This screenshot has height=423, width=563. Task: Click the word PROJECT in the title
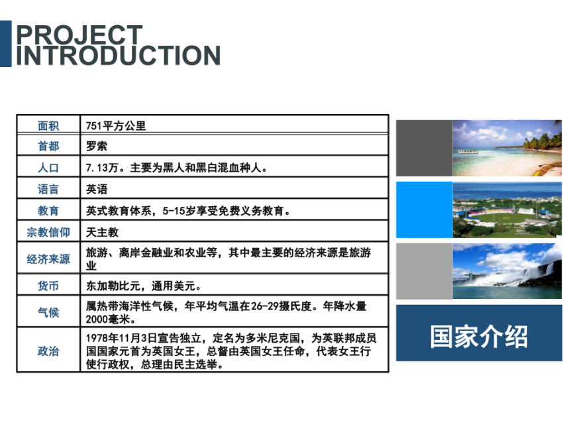pos(79,34)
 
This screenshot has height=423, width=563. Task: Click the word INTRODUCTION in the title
pos(118,55)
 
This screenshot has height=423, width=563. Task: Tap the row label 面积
pos(48,126)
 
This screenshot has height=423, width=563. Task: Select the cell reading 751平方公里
pos(116,126)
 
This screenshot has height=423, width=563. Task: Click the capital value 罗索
pos(97,146)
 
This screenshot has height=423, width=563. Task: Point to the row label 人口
pos(48,168)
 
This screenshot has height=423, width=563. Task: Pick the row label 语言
pos(48,189)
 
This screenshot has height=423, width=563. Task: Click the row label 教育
pos(48,211)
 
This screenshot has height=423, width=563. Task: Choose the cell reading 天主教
pos(102,232)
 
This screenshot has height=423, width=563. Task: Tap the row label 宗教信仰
pos(48,232)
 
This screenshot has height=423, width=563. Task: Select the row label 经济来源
pos(48,259)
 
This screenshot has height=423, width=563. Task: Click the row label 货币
pos(48,286)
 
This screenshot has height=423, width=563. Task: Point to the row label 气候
pos(48,312)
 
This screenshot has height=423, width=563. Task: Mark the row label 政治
pos(48,351)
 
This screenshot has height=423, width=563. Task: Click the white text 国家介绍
pos(479,336)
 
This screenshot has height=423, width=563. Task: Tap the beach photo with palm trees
pos(507,148)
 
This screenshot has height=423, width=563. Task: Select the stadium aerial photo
pos(507,210)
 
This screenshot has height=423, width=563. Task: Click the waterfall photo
pos(507,271)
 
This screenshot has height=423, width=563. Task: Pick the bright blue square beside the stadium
pos(424,210)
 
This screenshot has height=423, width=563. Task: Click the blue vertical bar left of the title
pos(6,44)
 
